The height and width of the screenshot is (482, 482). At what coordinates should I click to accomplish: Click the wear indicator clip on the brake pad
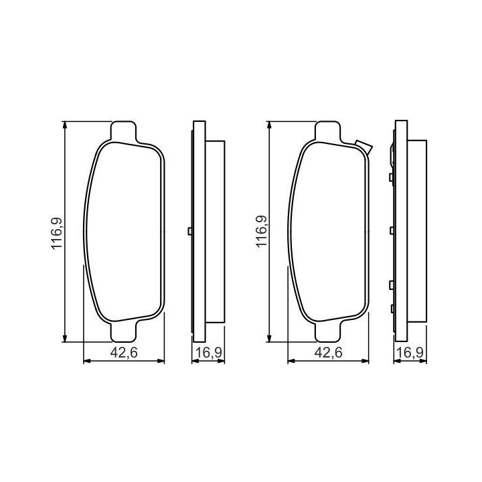[x=364, y=146]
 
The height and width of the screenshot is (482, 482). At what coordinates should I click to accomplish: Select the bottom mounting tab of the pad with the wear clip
[x=328, y=331]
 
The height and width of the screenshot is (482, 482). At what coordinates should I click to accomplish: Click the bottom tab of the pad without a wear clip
[x=123, y=331]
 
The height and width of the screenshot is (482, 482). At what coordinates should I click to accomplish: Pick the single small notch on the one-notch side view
[x=190, y=231]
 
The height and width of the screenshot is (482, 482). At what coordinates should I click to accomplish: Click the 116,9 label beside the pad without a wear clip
[x=57, y=234]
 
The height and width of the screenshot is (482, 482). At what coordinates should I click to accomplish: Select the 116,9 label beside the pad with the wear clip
[x=262, y=232]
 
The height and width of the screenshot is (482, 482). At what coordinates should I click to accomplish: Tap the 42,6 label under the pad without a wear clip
[x=124, y=353]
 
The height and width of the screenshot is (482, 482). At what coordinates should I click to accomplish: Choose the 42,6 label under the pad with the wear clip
[x=328, y=353]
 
